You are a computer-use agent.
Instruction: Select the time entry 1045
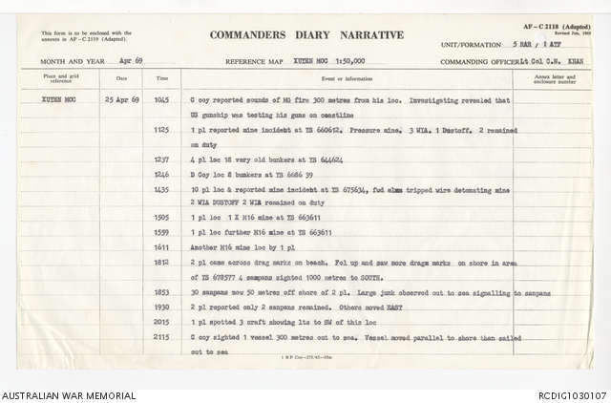tap(163, 99)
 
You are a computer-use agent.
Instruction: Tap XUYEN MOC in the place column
tap(59, 99)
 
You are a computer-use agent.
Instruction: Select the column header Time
tap(162, 78)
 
